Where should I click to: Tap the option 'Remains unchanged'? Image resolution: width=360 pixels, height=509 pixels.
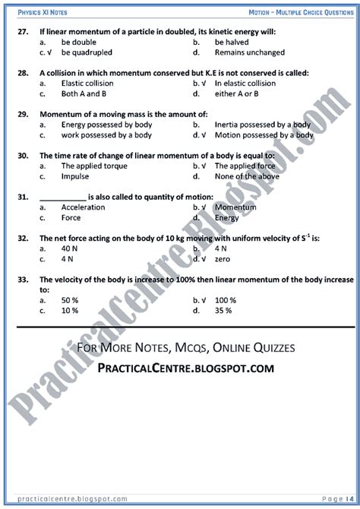[x=250, y=52]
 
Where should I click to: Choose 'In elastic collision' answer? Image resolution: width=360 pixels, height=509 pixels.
[x=245, y=84]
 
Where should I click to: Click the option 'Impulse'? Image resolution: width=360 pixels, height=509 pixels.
[x=75, y=176]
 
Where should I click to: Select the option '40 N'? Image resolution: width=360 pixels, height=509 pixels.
[x=70, y=248]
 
